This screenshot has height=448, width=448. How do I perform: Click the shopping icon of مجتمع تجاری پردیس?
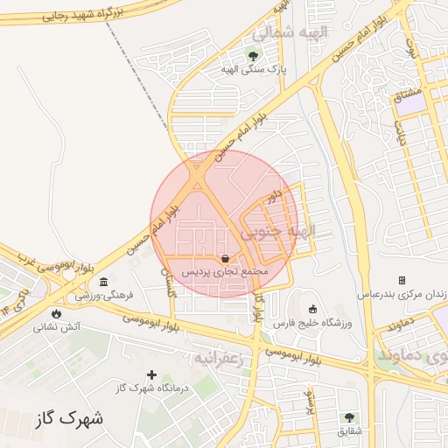click(x=226, y=258)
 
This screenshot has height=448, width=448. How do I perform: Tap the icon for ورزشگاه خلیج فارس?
click(x=313, y=308)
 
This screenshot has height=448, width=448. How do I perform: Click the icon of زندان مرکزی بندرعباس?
click(x=402, y=280)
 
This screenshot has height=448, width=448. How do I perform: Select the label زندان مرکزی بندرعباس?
click(x=402, y=294)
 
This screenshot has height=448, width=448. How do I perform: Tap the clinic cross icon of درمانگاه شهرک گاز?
click(x=151, y=374)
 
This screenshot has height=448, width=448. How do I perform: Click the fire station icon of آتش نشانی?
click(x=57, y=313)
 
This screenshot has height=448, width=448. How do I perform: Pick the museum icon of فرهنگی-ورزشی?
click(x=104, y=282)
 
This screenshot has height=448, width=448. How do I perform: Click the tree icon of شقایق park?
click(x=350, y=417)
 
